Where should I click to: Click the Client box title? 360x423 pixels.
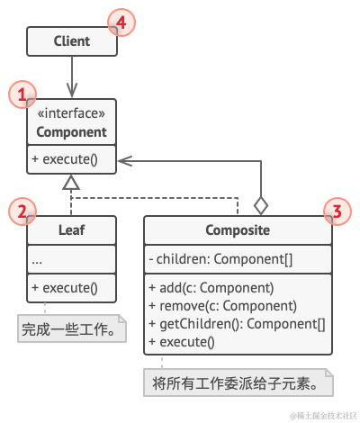(71, 41)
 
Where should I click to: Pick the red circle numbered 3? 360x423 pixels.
(336, 212)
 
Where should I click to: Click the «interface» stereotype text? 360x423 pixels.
(71, 114)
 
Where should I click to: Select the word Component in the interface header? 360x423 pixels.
(71, 132)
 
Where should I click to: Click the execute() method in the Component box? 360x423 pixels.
(65, 162)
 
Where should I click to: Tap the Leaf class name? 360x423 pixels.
(71, 230)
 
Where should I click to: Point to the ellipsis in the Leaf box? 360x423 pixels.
(37, 260)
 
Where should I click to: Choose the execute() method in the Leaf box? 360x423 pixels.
(65, 289)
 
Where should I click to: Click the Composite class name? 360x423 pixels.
(237, 230)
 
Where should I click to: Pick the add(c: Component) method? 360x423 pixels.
(211, 289)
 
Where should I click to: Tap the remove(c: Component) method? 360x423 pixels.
(221, 306)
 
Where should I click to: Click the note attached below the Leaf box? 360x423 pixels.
(71, 328)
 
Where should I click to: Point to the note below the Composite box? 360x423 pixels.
(238, 383)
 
